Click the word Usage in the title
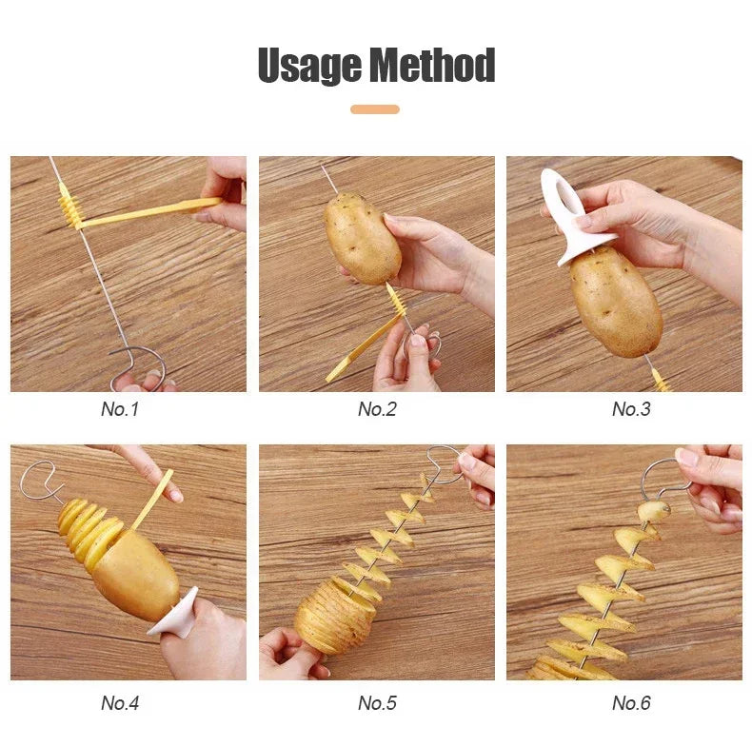(x=309, y=66)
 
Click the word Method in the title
(x=433, y=66)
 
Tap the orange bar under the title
(x=375, y=109)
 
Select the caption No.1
(x=120, y=409)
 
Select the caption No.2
(x=377, y=409)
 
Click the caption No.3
(x=631, y=409)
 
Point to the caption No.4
(x=120, y=703)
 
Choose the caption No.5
(x=377, y=703)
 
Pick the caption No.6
(x=631, y=703)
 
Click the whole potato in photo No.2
(x=362, y=238)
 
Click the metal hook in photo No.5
(x=443, y=459)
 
